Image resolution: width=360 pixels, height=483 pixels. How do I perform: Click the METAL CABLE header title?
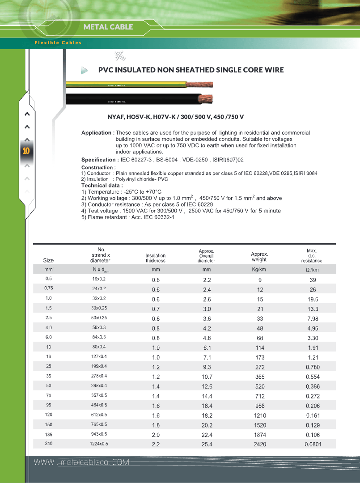tap(108, 27)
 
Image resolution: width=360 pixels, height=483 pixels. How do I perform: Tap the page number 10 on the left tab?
tap(26, 151)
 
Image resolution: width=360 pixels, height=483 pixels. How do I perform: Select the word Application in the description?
tap(96, 133)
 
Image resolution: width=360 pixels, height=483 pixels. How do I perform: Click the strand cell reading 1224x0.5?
tap(99, 444)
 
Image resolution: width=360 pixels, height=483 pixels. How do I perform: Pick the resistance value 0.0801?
tap(313, 444)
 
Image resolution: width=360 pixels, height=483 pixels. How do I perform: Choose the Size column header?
tap(48, 260)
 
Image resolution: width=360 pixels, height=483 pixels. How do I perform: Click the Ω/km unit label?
tap(312, 270)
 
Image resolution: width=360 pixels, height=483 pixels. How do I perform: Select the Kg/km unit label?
tap(259, 269)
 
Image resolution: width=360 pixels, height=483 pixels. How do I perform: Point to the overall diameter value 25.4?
tap(207, 444)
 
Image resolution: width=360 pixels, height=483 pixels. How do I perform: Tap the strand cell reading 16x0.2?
tap(99, 279)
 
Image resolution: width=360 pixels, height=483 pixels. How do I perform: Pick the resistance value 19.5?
tap(313, 299)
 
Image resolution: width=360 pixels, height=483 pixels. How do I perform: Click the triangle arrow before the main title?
tap(84, 70)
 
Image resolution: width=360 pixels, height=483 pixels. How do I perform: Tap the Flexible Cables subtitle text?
tap(58, 43)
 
